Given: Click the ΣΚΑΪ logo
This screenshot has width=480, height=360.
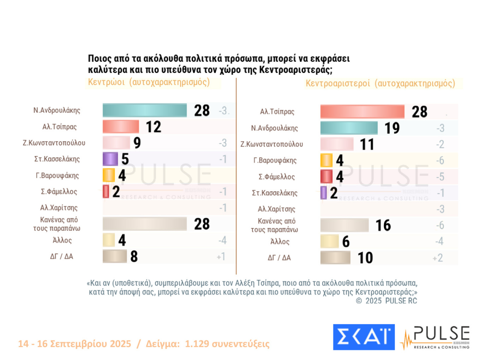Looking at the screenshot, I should point(364,337).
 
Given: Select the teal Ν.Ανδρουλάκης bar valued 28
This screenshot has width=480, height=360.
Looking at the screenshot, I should point(144,110).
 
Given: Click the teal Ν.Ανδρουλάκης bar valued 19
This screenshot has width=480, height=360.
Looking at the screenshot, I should point(349,128).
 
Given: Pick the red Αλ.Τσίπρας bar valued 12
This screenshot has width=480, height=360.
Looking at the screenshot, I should point(121,126).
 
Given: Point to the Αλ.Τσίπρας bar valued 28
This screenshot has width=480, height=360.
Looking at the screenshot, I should point(362,112).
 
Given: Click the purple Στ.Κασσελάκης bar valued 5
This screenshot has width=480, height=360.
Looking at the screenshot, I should point(110,159).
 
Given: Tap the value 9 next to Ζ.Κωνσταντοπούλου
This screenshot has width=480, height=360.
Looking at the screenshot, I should point(137,143).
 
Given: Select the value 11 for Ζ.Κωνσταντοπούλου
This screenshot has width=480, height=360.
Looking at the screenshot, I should point(367,144).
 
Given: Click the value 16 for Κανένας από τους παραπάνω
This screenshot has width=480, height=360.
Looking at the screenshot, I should point(383,225).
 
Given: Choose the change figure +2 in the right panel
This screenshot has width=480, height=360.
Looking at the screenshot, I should point(438,258).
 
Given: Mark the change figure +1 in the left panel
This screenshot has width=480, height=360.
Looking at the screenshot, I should point(221,257).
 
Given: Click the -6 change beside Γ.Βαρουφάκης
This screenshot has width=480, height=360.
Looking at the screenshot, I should point(440,161).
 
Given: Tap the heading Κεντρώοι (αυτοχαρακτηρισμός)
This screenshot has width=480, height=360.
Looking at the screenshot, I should point(149,82).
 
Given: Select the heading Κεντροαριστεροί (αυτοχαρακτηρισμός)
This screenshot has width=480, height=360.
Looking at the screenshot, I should point(380,83).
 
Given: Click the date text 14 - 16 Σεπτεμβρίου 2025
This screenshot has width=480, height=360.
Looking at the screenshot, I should point(74,343).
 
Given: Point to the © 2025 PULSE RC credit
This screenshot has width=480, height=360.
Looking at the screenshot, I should point(386,301).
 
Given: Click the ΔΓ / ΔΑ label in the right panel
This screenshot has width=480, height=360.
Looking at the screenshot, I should point(279,258).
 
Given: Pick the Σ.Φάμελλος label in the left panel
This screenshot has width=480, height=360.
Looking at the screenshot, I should point(59,192).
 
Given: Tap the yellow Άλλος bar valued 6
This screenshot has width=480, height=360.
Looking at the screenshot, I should point(329,241).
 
